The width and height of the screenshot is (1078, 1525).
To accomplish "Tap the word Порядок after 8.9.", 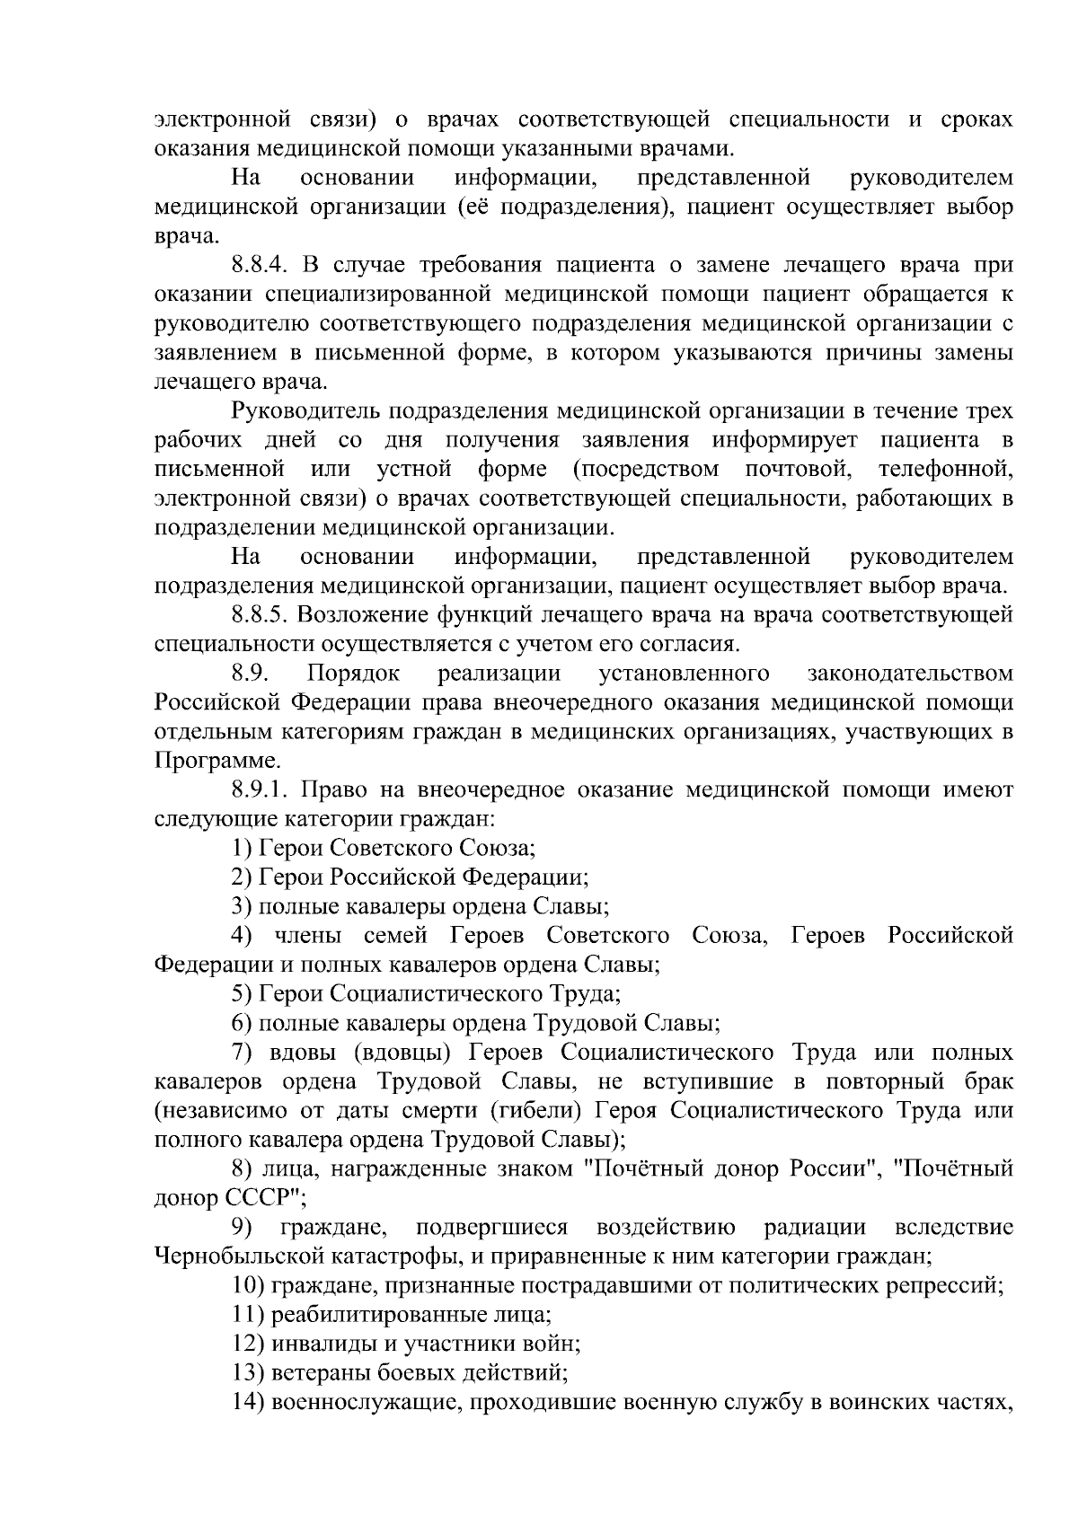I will [353, 674].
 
